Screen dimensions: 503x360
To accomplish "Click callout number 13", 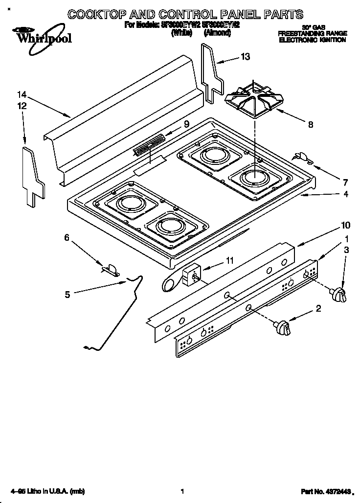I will [x=245, y=57].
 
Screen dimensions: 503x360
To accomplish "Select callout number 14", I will [x=21, y=95].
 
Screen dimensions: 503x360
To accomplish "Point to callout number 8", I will [x=311, y=124].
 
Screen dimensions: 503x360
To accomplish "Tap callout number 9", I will [x=186, y=124].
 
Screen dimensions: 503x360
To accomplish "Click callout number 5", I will [x=68, y=294].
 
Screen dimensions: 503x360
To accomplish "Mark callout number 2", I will [x=318, y=308].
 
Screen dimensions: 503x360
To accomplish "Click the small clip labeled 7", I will [x=301, y=157].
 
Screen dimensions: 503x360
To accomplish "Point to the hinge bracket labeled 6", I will [x=111, y=269].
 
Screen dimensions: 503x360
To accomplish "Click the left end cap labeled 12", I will [x=33, y=174].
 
